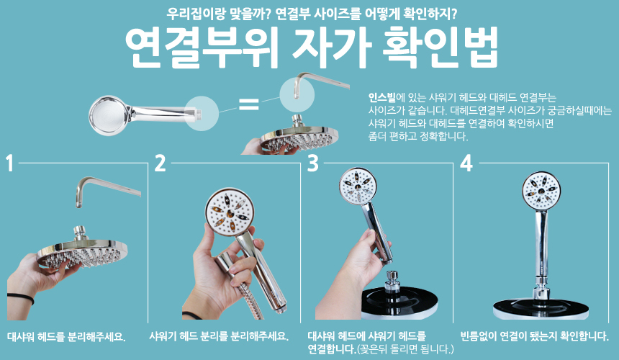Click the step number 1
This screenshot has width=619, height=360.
(10, 163)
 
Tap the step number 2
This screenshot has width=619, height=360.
(160, 163)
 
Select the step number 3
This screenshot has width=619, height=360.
(312, 163)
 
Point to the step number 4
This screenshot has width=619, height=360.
(466, 163)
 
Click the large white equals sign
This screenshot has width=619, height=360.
(249, 104)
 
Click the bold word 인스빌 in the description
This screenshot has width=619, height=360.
(381, 97)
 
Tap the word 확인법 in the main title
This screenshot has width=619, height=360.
(440, 48)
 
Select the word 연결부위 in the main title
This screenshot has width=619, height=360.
(202, 48)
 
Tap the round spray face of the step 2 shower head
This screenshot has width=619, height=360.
(229, 213)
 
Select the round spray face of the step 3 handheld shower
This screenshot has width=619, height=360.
(357, 186)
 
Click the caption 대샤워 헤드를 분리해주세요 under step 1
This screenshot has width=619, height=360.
(66, 337)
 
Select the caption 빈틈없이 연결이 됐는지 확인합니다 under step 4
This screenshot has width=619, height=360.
(535, 336)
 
